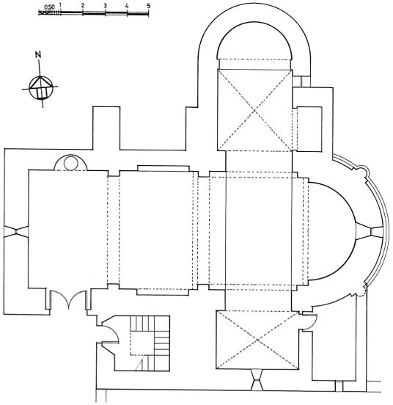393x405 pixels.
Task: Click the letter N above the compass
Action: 38,55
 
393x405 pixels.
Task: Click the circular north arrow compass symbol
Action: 41,87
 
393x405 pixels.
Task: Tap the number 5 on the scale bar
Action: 149,5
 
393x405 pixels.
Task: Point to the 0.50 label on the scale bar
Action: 49,7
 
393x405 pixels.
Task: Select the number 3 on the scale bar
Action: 105,5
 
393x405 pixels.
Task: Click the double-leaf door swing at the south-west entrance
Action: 68,299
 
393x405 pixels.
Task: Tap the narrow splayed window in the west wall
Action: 16,231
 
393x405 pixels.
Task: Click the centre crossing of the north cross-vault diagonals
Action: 254,110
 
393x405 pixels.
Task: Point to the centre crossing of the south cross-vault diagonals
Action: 258,340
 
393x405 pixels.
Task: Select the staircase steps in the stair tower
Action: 150,343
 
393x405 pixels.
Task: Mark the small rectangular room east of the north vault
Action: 309,129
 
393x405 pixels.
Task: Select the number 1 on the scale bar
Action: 60,5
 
